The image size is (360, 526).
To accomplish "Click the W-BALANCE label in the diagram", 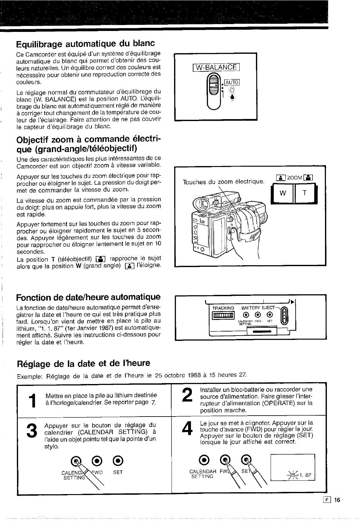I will (x=216, y=67).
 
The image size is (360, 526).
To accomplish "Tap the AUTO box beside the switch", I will (x=232, y=82).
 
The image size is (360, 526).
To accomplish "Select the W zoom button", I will (x=283, y=194).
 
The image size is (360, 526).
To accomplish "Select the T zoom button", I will (x=304, y=194).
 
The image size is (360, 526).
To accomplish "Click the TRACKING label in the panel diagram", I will (x=223, y=308).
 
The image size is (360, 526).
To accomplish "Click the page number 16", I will (x=336, y=500).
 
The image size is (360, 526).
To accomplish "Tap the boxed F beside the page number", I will (x=327, y=500).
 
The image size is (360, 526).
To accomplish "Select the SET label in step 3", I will (x=118, y=472).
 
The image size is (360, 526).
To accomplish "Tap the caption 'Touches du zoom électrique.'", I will (x=223, y=182).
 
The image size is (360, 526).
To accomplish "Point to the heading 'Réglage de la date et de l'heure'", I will (x=83, y=363).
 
